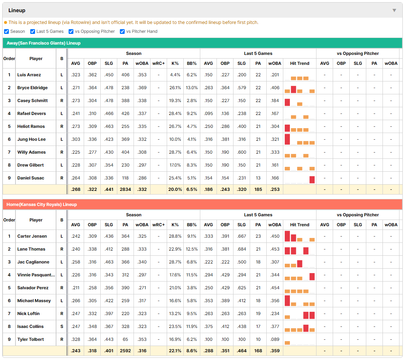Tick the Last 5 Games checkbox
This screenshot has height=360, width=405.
point(32,31)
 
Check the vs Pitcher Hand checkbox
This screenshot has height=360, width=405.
point(122,31)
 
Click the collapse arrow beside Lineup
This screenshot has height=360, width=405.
point(394,10)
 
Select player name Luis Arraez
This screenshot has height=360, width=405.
point(29,75)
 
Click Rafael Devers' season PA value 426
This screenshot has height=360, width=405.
point(125,113)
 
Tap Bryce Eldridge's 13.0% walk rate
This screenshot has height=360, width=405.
point(192,88)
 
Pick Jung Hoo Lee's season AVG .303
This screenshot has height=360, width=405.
point(76,139)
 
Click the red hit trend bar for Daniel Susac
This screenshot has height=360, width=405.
point(312,179)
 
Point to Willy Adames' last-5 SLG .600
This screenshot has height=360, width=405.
point(242,152)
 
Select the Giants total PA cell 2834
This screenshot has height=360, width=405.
point(125,189)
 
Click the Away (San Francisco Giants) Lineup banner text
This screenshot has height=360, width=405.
point(44,43)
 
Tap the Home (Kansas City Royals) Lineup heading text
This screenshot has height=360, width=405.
point(42,205)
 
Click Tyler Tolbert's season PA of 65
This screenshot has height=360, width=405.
point(125,339)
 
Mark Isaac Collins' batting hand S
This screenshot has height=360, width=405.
point(62,326)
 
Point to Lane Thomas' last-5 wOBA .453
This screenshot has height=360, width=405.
point(274,249)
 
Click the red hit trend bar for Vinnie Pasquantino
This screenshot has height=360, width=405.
point(312,277)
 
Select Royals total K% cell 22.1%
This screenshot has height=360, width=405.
point(175,351)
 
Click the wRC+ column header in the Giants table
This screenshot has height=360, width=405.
point(158,63)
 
